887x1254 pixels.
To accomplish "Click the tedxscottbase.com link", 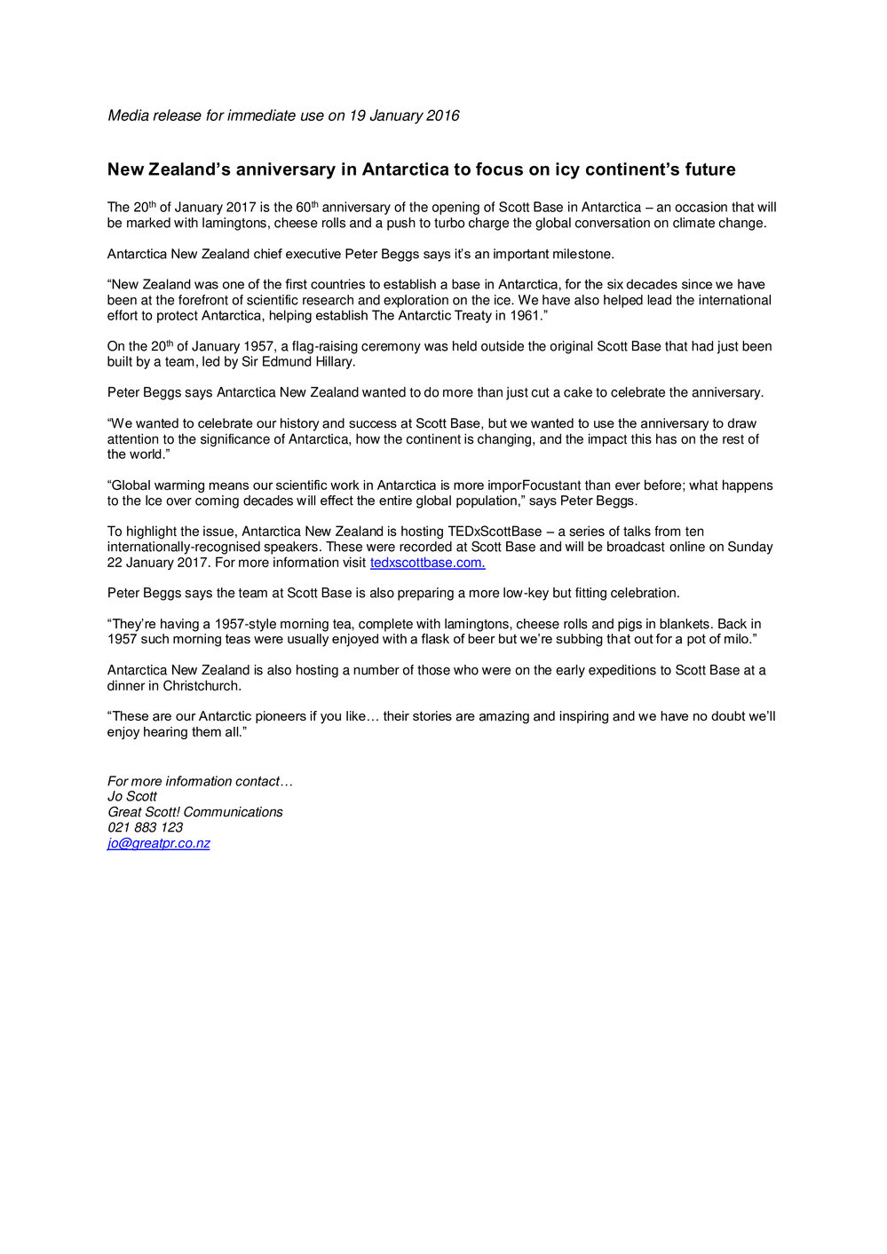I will [x=427, y=563].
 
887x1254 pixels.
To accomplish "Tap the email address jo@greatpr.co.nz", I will [x=159, y=843].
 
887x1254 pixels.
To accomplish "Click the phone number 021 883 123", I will [x=146, y=827].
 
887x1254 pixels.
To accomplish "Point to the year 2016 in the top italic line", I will [x=443, y=115].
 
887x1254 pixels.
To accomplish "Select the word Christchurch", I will [x=202, y=686].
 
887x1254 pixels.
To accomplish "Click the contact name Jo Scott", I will [x=132, y=796].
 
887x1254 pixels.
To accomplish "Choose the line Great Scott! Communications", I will [x=195, y=812].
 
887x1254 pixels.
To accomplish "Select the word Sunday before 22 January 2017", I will [x=749, y=547].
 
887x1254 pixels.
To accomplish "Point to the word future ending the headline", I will [x=709, y=170].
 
